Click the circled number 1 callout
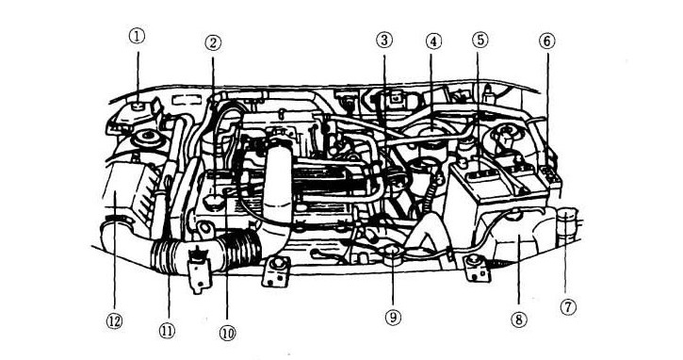pos(138,37)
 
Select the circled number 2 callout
pos(214,42)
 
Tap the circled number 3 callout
pos(383,41)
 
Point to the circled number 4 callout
pos(432,41)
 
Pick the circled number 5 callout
pos(480,41)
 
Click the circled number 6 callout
pos(547,41)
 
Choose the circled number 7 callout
pos(568,306)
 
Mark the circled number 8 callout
pos(517,318)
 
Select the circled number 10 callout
pos(226,332)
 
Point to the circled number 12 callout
pos(114,320)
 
